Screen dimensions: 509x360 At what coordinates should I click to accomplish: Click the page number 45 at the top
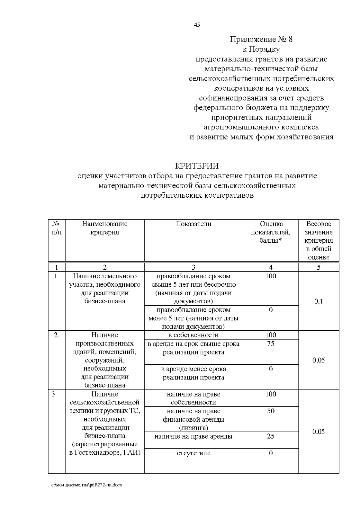tap(197, 25)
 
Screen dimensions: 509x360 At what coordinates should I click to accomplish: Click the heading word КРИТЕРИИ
tap(197, 166)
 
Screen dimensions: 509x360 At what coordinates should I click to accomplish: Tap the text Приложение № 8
tap(261, 39)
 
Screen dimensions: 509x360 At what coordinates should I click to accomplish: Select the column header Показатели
tap(193, 224)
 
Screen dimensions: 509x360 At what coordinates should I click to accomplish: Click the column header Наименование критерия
tap(105, 228)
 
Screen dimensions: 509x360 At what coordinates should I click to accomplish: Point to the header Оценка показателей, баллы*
tap(271, 232)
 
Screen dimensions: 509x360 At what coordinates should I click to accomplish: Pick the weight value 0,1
tap(319, 301)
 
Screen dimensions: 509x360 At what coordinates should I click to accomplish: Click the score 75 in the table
tap(271, 344)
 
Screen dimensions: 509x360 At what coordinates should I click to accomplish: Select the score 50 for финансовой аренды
tap(271, 411)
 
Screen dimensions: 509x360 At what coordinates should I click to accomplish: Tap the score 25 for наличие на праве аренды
tap(271, 436)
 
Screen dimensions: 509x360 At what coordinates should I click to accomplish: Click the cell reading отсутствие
tap(193, 453)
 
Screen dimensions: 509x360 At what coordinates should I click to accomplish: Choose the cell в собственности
tap(193, 335)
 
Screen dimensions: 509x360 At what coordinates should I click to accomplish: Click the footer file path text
tap(87, 485)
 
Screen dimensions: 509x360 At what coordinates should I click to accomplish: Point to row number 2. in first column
tap(56, 335)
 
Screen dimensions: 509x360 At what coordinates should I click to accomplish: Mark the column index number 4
tap(271, 267)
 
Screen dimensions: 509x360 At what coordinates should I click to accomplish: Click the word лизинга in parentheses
tap(193, 428)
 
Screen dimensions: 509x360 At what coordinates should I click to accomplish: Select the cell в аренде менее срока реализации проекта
tap(193, 373)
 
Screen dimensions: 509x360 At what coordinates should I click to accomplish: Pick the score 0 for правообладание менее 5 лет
tap(271, 310)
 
